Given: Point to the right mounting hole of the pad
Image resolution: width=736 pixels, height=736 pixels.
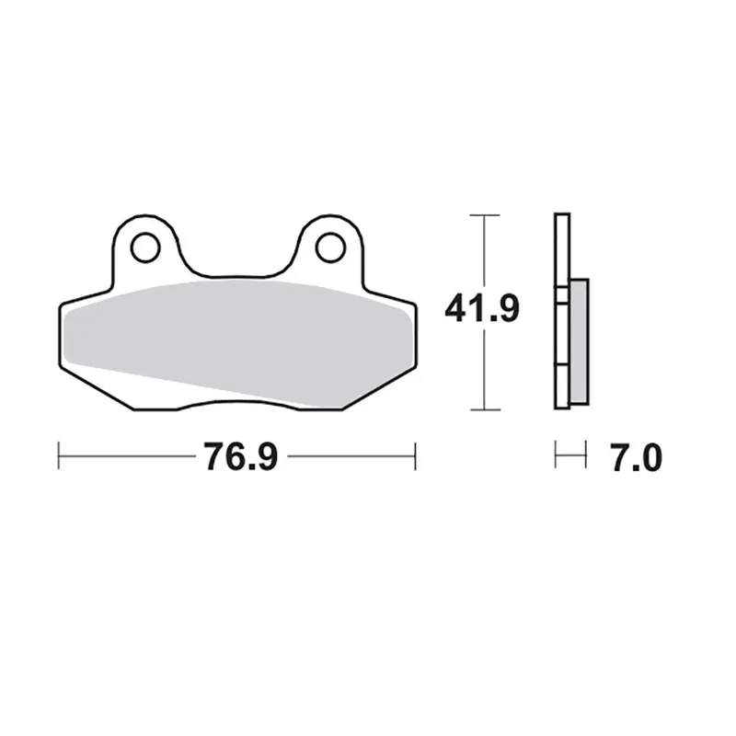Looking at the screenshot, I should click(328, 247).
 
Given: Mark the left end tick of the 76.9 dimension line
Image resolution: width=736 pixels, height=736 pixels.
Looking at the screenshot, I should click(59, 454).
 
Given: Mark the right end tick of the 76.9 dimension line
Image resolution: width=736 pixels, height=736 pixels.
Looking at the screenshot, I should click(416, 454).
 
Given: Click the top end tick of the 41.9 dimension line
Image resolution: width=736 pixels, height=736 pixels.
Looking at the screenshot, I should click(484, 214).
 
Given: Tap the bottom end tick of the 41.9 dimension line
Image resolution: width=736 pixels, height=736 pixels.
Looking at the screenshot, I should click(484, 409).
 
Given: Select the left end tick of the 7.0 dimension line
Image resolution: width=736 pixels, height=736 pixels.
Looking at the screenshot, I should click(556, 454).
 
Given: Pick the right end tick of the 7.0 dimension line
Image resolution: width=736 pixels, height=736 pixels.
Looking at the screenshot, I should click(585, 454).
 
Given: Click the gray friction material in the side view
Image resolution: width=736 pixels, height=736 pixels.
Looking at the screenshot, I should click(579, 340).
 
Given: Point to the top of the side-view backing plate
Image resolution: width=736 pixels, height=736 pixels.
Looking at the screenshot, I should click(561, 216).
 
